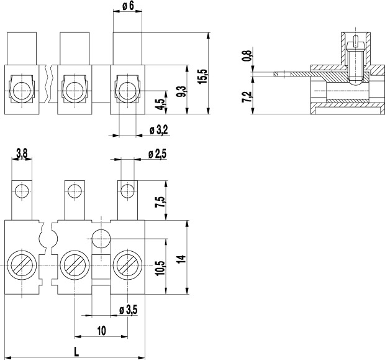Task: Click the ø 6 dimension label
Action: (x=128, y=6)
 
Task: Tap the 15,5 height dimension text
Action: (x=203, y=76)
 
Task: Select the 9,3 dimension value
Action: (x=183, y=92)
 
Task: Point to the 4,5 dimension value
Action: (x=161, y=104)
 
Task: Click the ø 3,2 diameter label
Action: (x=159, y=129)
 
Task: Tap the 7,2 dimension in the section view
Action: (x=247, y=97)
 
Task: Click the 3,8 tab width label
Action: (x=22, y=154)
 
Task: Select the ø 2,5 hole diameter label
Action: (x=157, y=154)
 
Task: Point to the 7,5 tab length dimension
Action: (x=160, y=202)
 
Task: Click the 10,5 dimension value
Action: (x=161, y=268)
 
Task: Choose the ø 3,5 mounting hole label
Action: (x=129, y=310)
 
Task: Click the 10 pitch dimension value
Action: (x=101, y=331)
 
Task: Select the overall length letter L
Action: (x=76, y=353)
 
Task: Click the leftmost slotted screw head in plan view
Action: (x=22, y=265)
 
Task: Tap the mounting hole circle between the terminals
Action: (x=101, y=239)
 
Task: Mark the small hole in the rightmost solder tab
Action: (x=127, y=191)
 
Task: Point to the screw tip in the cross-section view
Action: (x=355, y=83)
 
